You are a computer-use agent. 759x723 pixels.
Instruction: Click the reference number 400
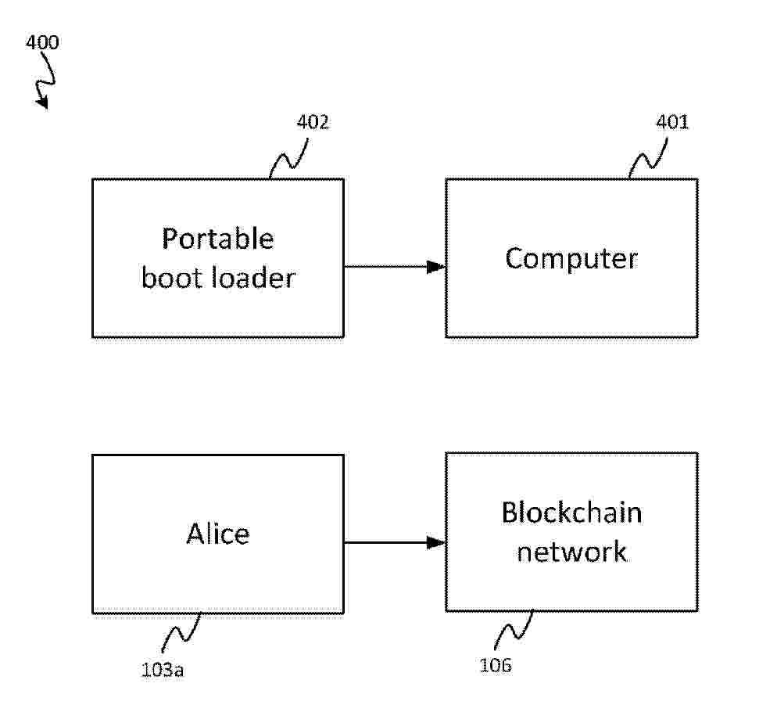pyautogui.click(x=42, y=42)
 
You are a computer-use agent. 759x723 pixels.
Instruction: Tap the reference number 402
pyautogui.click(x=313, y=123)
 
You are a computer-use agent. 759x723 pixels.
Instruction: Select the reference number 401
pyautogui.click(x=673, y=122)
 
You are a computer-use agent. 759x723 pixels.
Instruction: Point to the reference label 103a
pyautogui.click(x=163, y=669)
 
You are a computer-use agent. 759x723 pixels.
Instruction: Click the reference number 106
pyautogui.click(x=496, y=666)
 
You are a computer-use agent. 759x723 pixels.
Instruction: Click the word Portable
pyautogui.click(x=217, y=239)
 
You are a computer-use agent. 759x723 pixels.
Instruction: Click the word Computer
pyautogui.click(x=571, y=258)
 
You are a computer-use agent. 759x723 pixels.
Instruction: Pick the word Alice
pyautogui.click(x=217, y=534)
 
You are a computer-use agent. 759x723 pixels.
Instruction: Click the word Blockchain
pyautogui.click(x=571, y=513)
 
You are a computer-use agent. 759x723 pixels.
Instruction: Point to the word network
pyautogui.click(x=571, y=552)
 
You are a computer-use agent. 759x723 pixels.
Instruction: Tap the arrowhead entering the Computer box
pyautogui.click(x=436, y=267)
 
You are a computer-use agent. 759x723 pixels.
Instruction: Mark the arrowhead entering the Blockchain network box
pyautogui.click(x=436, y=542)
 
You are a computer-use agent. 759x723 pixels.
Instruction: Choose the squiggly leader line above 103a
pyautogui.click(x=183, y=632)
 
